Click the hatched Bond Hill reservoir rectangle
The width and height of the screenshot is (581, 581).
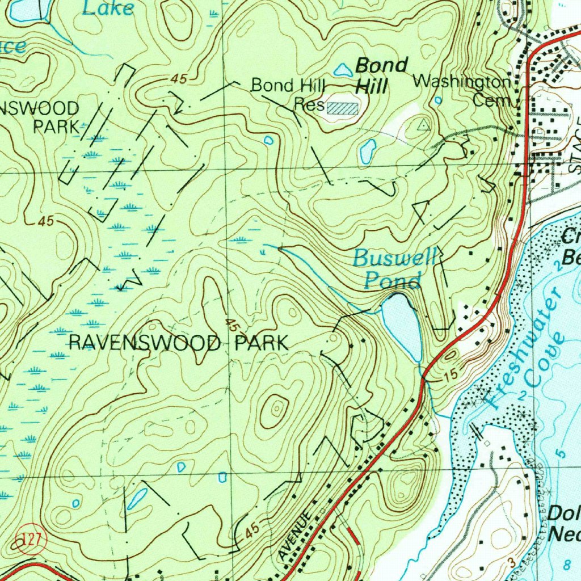tap(343, 108)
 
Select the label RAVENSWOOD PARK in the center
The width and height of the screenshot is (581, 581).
tap(178, 343)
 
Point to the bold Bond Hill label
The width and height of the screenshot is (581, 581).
tap(381, 75)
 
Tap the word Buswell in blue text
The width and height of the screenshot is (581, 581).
tap(394, 259)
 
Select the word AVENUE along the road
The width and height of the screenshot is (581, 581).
tap(296, 534)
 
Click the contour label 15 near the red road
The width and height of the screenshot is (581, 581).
tap(451, 375)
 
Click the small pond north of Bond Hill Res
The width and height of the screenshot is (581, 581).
tap(342, 70)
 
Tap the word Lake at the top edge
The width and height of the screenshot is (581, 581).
tap(107, 8)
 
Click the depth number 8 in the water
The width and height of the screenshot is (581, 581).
tap(569, 563)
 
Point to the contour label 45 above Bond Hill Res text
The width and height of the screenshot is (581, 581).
tap(178, 81)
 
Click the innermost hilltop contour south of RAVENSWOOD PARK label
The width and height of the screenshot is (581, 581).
tap(277, 407)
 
